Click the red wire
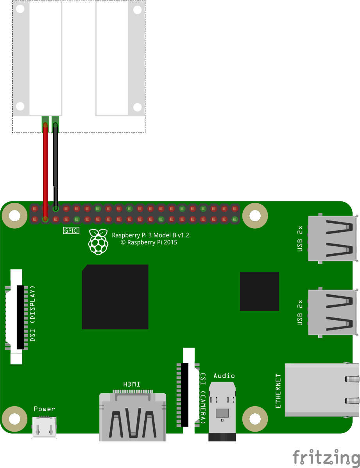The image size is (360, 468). [x=45, y=168]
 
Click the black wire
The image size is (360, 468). [x=56, y=164]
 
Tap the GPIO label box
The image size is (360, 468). [x=71, y=231]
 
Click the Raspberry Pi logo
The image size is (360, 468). [x=98, y=242]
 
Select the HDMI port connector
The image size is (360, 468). [x=133, y=417]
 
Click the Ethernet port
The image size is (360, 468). [x=322, y=390]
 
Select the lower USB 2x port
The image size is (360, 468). [x=332, y=312]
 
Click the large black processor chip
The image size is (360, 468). [x=115, y=297]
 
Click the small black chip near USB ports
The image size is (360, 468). [x=259, y=291]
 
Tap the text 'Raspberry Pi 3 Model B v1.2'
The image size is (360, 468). [x=150, y=235]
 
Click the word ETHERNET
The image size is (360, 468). [x=278, y=391]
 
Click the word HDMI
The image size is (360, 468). [x=132, y=384]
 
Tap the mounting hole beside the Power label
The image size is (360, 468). [x=14, y=419]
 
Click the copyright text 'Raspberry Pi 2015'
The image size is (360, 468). [x=149, y=242]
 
